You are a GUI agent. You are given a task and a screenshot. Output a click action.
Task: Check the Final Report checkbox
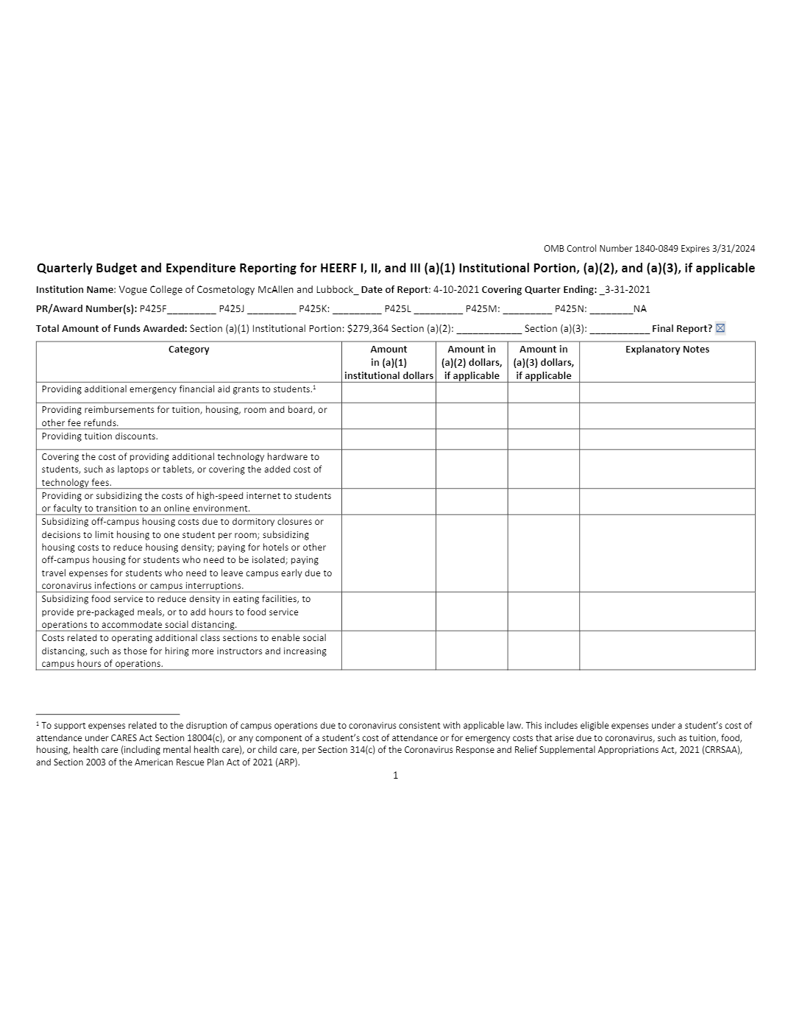720,328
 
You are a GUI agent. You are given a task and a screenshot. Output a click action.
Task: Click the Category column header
188,350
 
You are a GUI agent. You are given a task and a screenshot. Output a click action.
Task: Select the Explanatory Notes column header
667,350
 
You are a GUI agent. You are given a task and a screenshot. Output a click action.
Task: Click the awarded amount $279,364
367,328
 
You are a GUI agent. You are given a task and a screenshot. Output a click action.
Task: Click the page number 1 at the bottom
395,775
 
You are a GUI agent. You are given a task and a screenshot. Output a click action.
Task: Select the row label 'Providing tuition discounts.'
99,436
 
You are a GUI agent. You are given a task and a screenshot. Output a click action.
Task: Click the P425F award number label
153,309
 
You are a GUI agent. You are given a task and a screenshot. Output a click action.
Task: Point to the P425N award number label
570,309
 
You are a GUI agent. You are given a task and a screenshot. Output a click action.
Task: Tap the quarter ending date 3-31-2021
627,289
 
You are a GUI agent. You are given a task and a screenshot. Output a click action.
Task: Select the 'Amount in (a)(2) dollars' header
471,362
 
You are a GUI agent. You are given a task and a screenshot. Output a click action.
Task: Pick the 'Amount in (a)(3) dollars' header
543,362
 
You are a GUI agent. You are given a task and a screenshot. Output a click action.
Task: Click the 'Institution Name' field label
75,289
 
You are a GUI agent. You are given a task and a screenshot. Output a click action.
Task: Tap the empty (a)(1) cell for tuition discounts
388,439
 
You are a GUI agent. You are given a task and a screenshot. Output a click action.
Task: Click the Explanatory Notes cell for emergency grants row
667,392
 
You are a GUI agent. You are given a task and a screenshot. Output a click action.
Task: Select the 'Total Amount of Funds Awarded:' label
111,328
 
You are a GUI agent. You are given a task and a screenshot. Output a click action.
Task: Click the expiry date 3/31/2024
730,249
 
